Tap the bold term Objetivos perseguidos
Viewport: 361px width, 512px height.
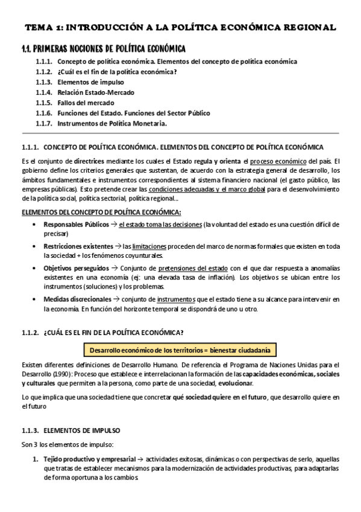coord(76,267)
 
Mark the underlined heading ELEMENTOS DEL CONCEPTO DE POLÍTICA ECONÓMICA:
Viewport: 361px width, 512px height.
coord(101,211)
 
